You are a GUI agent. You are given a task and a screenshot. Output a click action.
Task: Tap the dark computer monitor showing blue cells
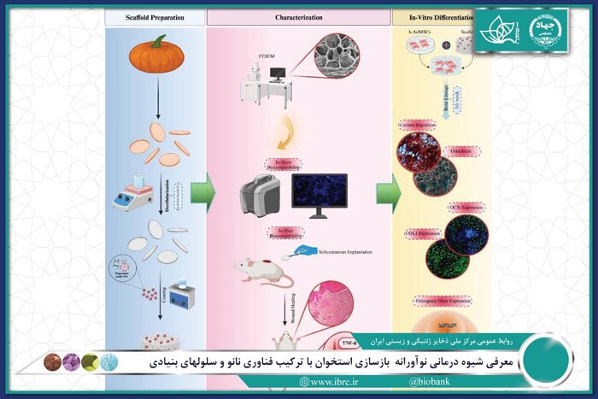tap(319, 194)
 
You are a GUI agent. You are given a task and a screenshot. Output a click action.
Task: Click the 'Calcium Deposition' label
tap(419, 125)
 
